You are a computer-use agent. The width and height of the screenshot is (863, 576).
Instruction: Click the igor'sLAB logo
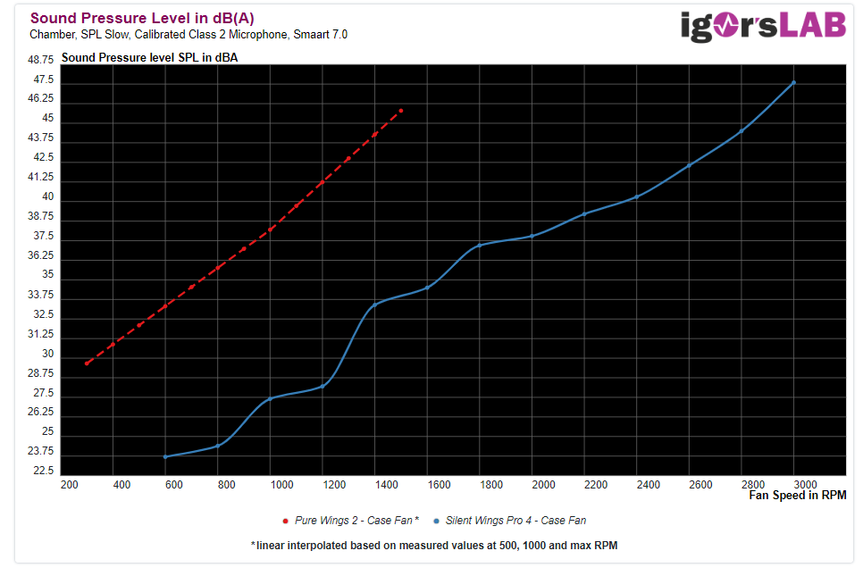point(763,26)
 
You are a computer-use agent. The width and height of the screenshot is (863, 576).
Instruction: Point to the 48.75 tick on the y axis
point(41,59)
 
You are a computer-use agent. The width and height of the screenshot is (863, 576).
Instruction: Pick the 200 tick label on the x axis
point(69,485)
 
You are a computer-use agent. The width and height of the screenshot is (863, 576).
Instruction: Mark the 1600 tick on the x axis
point(440,485)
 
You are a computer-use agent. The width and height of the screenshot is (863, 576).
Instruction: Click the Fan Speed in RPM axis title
point(797,496)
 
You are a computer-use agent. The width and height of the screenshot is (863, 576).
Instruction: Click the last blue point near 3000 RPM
point(793,83)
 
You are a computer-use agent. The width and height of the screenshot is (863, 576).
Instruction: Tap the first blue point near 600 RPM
point(165,457)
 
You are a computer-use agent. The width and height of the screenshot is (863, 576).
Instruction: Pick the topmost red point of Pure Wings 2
point(401,111)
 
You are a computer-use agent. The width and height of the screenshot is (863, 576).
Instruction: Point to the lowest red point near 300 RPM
point(87,364)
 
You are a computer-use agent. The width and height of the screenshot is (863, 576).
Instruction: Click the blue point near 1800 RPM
point(480,245)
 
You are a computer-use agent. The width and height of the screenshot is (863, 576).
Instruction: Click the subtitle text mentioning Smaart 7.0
point(189,35)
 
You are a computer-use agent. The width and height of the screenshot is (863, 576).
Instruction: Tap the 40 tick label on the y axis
point(48,196)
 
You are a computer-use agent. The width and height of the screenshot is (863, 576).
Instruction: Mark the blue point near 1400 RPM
point(374,305)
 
